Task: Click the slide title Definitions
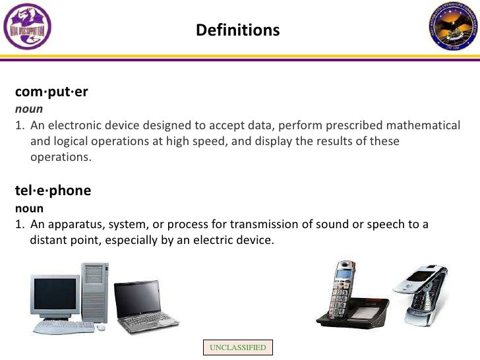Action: (x=237, y=30)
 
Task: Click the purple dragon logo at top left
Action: (x=26, y=26)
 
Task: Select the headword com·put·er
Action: (x=51, y=92)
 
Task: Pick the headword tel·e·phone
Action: (x=53, y=191)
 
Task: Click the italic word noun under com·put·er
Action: (x=29, y=109)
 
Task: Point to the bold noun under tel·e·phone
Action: (x=29, y=208)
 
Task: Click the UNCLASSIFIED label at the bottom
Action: (x=237, y=347)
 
